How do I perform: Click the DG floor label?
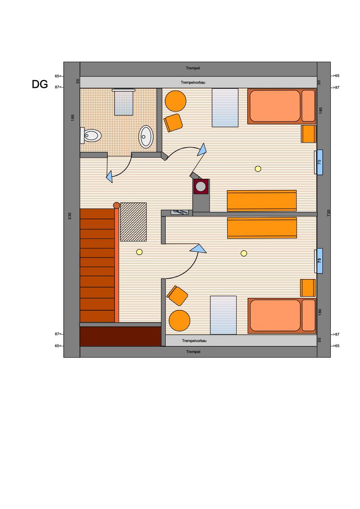(40, 84)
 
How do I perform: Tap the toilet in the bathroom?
(90, 136)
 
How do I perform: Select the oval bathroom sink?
(146, 137)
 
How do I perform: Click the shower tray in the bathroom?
(123, 102)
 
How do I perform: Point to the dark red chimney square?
(201, 186)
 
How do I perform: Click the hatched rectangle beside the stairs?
(134, 222)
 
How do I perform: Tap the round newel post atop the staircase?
(117, 205)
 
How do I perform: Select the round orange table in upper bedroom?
(176, 101)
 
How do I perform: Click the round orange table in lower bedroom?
(180, 320)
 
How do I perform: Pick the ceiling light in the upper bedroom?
(258, 169)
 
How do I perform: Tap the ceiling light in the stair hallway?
(139, 252)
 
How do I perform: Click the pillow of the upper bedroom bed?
(308, 106)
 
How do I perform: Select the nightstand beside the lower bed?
(308, 288)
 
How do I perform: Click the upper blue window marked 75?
(319, 162)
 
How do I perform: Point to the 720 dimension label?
(329, 213)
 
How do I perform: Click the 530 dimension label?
(70, 216)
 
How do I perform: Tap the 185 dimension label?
(73, 118)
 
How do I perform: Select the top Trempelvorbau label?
(193, 82)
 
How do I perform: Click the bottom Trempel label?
(193, 352)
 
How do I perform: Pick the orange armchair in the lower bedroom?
(177, 296)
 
